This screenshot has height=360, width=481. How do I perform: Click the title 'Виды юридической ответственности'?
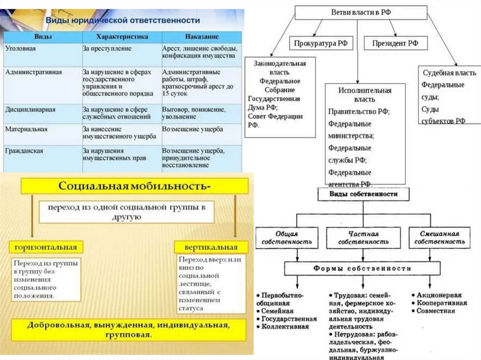point(122,21)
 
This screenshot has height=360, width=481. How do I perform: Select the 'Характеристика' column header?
point(122,37)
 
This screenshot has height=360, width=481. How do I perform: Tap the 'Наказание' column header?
point(201,37)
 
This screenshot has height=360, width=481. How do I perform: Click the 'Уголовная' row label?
point(21,48)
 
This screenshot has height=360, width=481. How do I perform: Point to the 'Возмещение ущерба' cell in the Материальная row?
point(193,129)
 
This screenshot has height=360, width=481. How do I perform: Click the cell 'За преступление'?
point(107,48)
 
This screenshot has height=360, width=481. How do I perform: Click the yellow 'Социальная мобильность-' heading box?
point(134,186)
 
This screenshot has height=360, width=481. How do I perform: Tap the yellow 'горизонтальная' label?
point(46,247)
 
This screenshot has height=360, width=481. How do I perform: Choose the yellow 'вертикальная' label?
point(212,247)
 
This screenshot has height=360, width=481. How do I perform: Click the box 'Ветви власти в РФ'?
point(361,13)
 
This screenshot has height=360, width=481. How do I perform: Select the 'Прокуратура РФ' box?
point(321,43)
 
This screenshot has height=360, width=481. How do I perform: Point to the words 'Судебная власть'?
point(449,73)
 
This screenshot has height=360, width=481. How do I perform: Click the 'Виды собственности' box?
point(363,194)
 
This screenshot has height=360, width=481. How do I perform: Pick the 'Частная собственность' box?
point(364,237)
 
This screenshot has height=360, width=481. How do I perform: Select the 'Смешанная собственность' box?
point(440,237)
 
